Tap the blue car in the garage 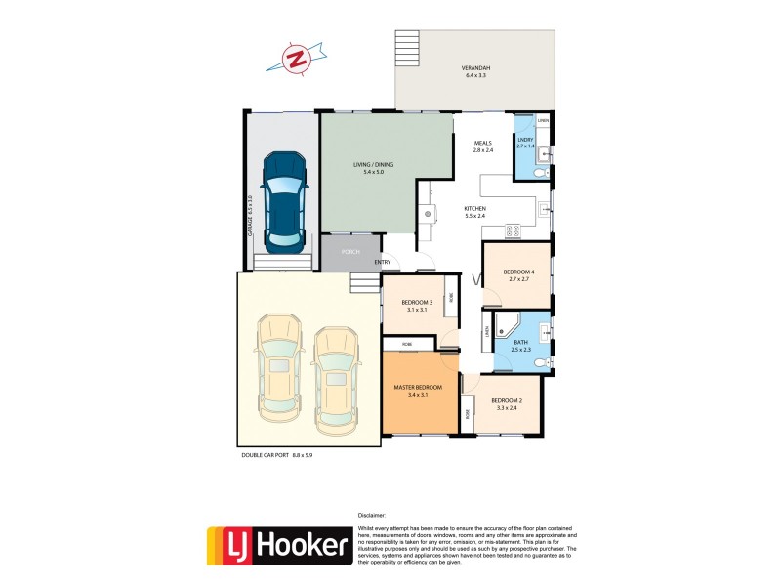285,197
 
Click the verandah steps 405,48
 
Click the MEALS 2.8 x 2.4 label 483,147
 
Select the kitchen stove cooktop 512,230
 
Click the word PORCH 350,252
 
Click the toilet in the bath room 543,363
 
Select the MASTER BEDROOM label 418,388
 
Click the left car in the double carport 276,376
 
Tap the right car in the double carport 335,377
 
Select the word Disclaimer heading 372,514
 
